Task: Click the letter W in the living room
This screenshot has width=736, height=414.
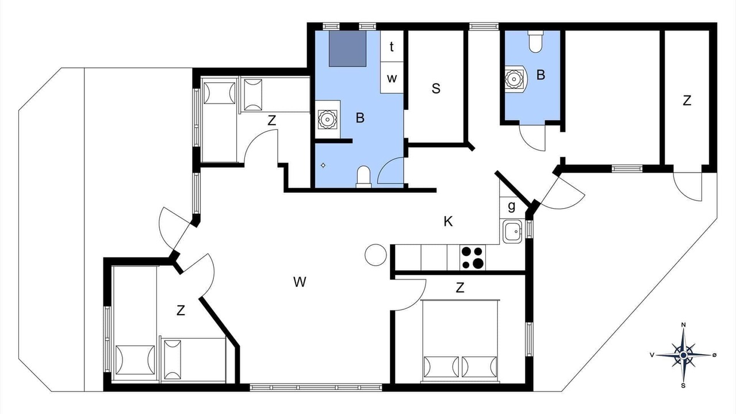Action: [x=300, y=282]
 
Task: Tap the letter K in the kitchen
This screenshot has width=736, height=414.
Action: [x=448, y=221]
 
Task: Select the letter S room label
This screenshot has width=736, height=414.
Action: [x=436, y=89]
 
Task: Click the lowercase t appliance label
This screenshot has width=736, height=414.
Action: [x=392, y=47]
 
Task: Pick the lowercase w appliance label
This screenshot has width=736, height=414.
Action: [x=392, y=79]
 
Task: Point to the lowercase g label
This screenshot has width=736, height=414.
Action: [x=512, y=206]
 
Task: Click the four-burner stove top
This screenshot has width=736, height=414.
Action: [x=473, y=258]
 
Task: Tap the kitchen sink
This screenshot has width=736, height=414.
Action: [x=512, y=232]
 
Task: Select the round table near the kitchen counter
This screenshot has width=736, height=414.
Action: [x=375, y=255]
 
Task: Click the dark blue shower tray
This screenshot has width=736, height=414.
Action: [x=348, y=49]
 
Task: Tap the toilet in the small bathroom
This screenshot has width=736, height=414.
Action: [x=535, y=42]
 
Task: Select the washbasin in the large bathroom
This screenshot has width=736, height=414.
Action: [x=328, y=119]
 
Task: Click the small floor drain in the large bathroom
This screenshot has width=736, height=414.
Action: [x=323, y=165]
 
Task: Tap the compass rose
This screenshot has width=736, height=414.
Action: [x=684, y=355]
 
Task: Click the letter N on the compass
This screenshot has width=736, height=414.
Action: [x=684, y=325]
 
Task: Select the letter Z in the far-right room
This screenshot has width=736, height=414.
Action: [x=687, y=101]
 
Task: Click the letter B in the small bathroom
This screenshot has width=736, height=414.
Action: [x=540, y=75]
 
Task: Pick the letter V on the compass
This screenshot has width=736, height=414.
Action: [x=652, y=355]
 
